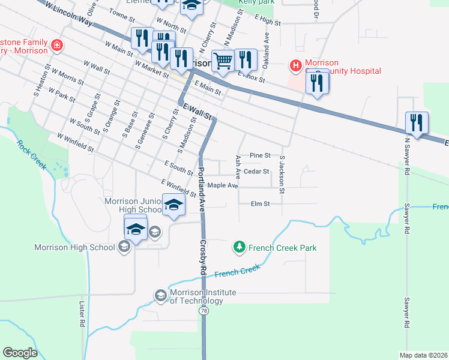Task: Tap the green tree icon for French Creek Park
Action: tap(240, 247)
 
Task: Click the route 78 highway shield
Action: tap(205, 311)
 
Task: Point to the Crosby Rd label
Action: tap(203, 258)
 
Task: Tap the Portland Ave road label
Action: tap(201, 189)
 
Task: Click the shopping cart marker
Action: tap(223, 61)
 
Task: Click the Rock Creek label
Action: tap(31, 155)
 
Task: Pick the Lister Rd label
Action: tap(82, 314)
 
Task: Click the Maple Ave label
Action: tap(223, 185)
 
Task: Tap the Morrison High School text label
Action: tap(74, 247)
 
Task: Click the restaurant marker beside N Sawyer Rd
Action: tap(417, 123)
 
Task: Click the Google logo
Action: tap(20, 352)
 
